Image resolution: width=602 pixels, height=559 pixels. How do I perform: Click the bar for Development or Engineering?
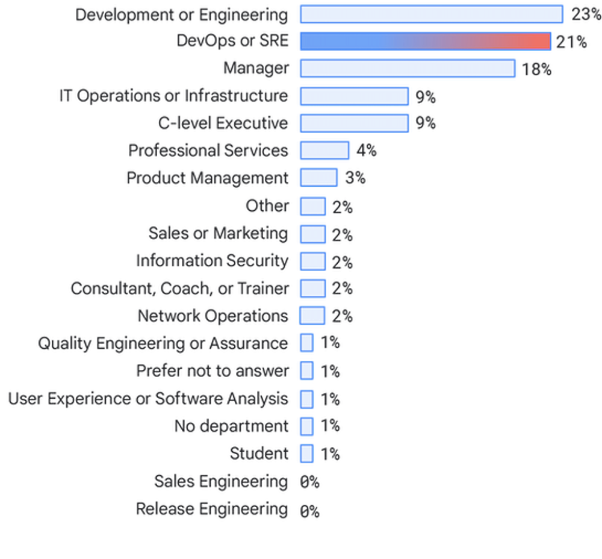[430, 14]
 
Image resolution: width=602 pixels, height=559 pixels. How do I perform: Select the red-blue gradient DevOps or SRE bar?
[424, 42]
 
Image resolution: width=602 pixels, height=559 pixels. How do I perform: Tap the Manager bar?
[408, 69]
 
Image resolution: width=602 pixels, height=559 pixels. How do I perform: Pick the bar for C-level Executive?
[354, 123]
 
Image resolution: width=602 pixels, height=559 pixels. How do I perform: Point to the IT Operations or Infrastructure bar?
[354, 96]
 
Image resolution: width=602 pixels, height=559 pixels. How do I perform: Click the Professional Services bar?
[324, 151]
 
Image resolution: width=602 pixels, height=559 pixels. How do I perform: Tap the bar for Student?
[306, 454]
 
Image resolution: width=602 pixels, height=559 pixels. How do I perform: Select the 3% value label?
[355, 178]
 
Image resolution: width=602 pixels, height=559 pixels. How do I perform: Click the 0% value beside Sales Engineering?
[309, 482]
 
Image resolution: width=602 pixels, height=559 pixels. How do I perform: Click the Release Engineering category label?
[212, 509]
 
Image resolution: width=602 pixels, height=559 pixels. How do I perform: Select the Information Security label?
[211, 261]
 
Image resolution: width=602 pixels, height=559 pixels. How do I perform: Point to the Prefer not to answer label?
[212, 370]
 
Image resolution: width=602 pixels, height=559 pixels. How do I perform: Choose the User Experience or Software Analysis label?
[147, 398]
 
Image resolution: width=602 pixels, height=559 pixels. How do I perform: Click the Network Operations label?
[213, 316]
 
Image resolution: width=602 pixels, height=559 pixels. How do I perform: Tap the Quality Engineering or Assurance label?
[163, 343]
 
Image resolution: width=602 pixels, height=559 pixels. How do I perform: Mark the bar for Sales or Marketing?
[312, 234]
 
